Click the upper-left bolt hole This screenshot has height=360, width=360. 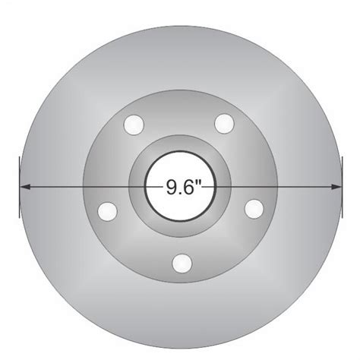[136, 122]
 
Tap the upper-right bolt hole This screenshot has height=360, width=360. [223, 122]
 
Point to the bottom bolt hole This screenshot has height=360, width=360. [180, 263]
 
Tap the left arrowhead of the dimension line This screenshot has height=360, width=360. [25, 185]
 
